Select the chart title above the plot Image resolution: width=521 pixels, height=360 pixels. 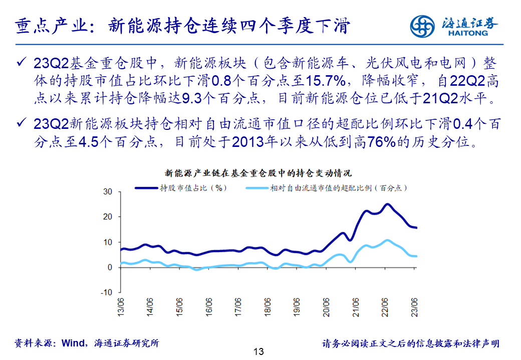(258, 173)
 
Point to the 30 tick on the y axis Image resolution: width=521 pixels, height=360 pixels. (108, 192)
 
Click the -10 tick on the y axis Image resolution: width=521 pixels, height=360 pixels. (106, 292)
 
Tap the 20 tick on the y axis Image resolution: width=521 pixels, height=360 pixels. (108, 217)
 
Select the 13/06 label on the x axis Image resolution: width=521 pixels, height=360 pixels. (121, 307)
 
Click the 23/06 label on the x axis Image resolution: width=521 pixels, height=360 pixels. (415, 307)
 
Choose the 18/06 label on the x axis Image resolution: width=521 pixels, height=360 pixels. (268, 307)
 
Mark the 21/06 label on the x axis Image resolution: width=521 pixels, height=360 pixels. (356, 307)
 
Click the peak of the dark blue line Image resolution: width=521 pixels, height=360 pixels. (387, 204)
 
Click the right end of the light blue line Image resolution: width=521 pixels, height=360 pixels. (416, 256)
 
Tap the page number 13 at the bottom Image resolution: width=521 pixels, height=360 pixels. (258, 351)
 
